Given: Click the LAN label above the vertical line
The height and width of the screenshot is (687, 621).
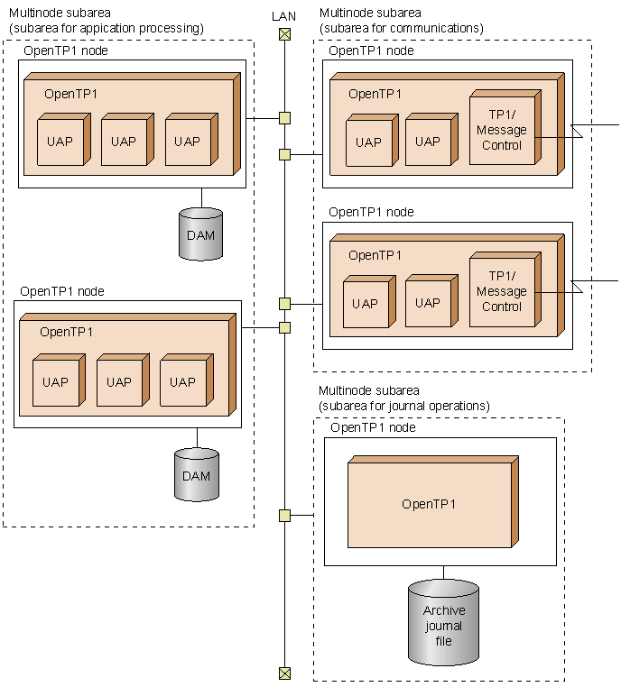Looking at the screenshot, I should pos(284,16).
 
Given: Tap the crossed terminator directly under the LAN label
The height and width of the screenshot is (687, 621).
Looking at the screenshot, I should pos(284,34).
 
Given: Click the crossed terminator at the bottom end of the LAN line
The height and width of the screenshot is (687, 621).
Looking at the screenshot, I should pos(284,673).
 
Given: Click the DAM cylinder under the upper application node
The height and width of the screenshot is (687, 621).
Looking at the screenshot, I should pos(200,235).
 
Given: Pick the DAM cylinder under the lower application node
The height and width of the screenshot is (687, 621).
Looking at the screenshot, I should pos(197,475).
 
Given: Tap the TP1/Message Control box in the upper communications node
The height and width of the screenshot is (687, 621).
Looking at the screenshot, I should pos(502,130).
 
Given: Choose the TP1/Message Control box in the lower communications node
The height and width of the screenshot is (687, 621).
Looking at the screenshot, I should pos(502,291).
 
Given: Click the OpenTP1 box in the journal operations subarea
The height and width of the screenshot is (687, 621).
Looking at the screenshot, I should pos(430,504).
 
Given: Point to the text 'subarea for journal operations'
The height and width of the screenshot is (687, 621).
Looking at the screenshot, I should pos(404,406).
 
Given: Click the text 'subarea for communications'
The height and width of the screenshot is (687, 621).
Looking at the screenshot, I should pos(401,28).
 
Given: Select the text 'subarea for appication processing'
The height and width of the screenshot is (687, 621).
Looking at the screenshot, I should pos(106,28).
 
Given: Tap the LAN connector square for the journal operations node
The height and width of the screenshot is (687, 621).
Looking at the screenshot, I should pos(284,516).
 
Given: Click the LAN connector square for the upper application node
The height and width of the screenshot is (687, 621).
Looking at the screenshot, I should pos(284,117).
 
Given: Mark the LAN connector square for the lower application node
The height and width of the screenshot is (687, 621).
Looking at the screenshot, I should pos(284,327).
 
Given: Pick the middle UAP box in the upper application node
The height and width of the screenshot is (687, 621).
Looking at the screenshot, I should pos(124,142).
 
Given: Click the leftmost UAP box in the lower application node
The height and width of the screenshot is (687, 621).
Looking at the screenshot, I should pos(55,382).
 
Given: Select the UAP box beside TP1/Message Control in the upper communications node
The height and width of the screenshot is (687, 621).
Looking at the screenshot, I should pos(428,142).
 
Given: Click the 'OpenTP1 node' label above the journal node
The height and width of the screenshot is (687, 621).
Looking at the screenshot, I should pos(373,427).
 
